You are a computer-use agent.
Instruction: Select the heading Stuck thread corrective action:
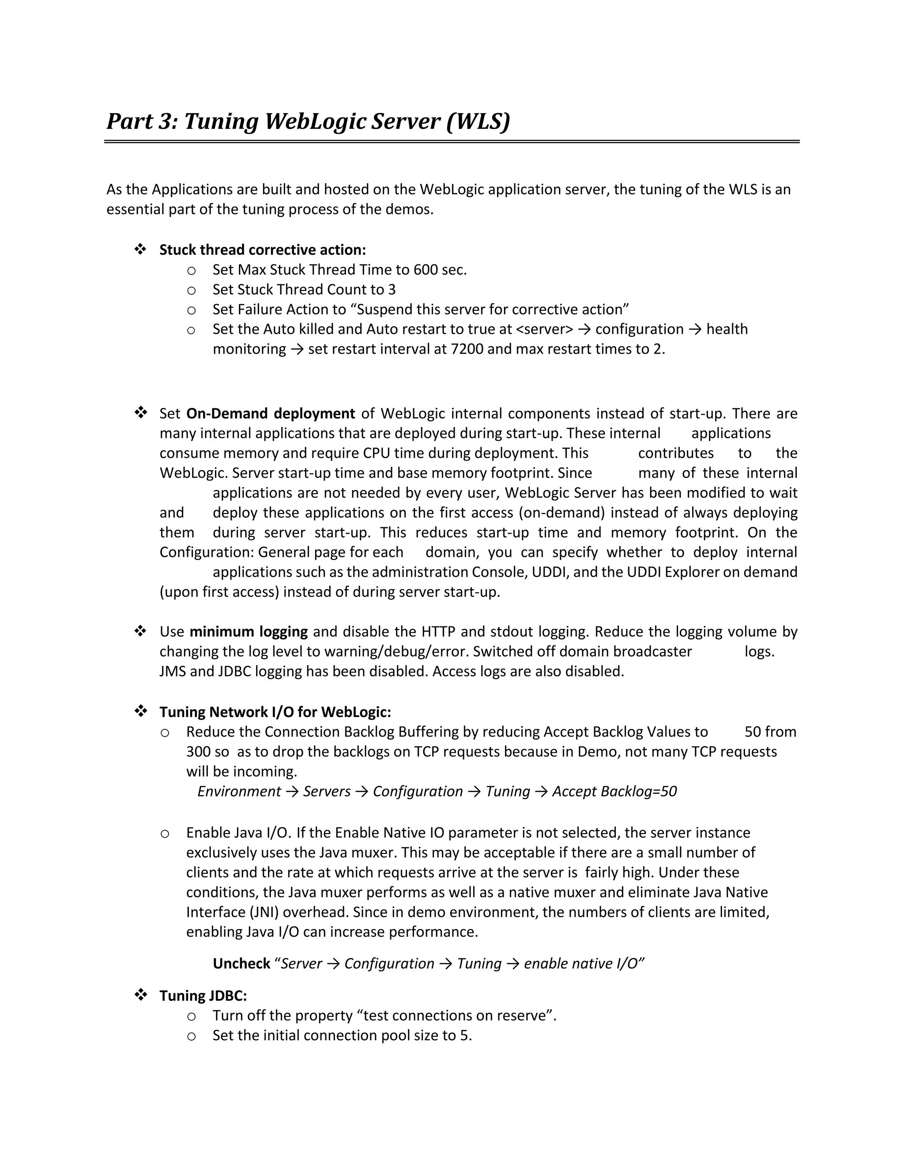click(x=263, y=250)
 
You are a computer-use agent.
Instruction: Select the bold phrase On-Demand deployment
click(x=271, y=414)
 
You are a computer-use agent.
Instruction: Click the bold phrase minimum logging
click(x=249, y=632)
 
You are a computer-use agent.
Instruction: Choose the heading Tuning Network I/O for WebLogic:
click(x=275, y=713)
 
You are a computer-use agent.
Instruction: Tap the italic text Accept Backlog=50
click(x=614, y=792)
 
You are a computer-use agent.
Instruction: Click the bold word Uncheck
click(x=241, y=964)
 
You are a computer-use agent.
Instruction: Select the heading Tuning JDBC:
click(x=203, y=996)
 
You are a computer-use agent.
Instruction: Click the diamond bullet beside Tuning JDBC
click(x=141, y=995)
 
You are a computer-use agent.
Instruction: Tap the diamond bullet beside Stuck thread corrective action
click(x=141, y=249)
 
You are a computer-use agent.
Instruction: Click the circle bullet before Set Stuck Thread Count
click(x=191, y=291)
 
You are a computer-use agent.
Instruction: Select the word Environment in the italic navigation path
click(x=239, y=792)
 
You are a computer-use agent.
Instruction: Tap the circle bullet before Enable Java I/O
click(x=165, y=834)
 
